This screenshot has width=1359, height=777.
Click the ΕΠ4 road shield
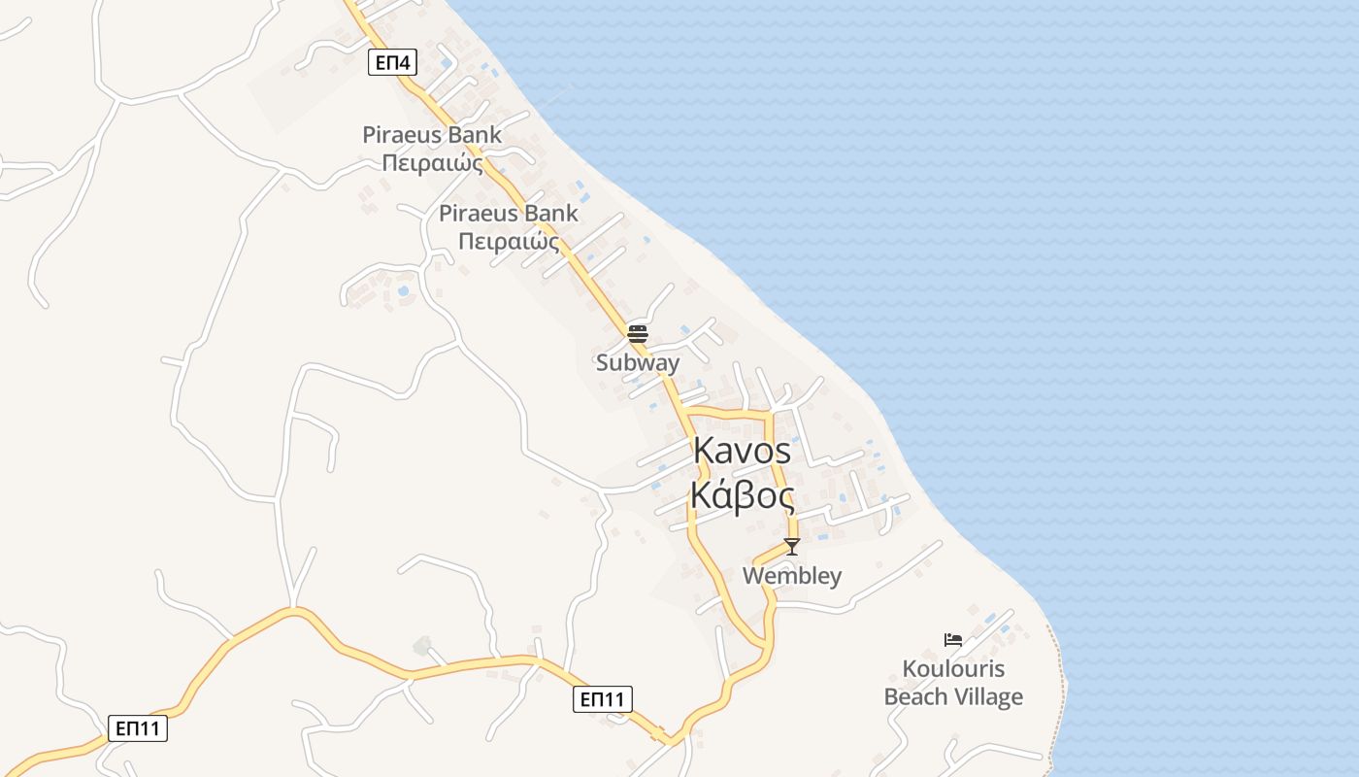click(393, 64)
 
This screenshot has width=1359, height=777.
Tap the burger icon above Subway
click(638, 334)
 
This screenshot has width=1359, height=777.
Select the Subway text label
click(638, 363)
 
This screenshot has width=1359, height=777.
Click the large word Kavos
click(743, 452)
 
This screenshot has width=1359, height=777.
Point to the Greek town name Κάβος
click(743, 495)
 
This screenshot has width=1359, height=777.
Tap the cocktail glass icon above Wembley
click(792, 547)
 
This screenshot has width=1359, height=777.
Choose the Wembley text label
click(792, 576)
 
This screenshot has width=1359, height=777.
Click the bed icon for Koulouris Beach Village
click(953, 639)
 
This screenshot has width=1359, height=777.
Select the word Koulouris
click(953, 669)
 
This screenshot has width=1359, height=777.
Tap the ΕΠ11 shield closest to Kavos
click(603, 699)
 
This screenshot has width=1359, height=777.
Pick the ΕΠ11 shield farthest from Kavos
click(138, 728)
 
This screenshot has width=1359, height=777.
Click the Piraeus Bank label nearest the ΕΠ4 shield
click(432, 135)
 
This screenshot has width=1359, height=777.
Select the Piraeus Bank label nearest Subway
click(509, 214)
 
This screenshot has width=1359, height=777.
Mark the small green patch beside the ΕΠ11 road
click(422, 645)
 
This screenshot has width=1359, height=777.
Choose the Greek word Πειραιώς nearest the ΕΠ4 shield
click(432, 163)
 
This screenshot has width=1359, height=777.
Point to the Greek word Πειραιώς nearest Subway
click(509, 241)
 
